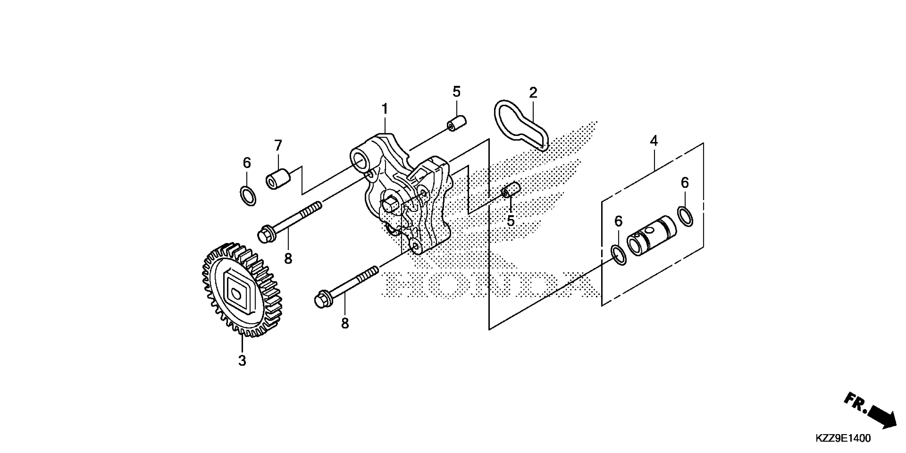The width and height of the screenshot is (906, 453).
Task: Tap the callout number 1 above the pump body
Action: (385, 109)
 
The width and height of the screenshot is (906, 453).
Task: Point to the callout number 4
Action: (653, 141)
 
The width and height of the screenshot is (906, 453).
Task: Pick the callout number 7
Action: (278, 145)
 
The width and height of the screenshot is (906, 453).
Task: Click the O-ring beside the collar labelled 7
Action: (248, 196)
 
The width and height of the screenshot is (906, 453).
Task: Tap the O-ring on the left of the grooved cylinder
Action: (618, 256)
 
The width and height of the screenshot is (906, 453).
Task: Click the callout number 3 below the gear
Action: (242, 361)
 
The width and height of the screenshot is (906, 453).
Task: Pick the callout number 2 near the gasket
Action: (533, 93)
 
